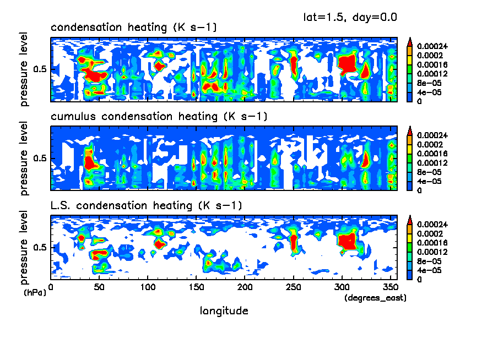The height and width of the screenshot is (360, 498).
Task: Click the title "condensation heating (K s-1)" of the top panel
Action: click(x=134, y=27)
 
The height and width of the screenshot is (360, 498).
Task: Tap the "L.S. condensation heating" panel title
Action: click(x=147, y=206)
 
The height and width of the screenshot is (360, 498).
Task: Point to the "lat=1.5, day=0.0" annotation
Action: click(x=350, y=17)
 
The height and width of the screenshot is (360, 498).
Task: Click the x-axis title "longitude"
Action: click(x=224, y=311)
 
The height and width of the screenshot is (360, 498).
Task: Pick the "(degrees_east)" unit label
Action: click(x=375, y=298)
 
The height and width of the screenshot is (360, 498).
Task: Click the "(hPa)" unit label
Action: click(x=35, y=292)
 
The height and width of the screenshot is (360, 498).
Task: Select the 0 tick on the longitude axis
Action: click(x=51, y=286)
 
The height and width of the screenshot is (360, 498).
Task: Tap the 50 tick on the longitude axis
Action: click(x=99, y=286)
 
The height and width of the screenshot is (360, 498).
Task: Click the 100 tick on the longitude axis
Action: click(x=148, y=286)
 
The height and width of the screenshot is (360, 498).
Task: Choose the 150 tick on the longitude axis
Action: click(x=196, y=286)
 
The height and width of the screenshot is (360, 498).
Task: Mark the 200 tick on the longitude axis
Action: click(x=245, y=286)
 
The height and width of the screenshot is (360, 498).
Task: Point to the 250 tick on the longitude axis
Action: click(x=293, y=286)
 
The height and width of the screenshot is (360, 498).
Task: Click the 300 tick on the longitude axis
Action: click(x=342, y=286)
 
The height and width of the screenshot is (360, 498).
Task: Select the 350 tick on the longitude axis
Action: click(x=390, y=286)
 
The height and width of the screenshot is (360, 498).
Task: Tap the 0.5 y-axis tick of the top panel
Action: click(x=41, y=69)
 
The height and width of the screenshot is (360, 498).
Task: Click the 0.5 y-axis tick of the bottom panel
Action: click(x=41, y=248)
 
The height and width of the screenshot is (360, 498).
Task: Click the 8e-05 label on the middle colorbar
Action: click(x=427, y=172)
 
